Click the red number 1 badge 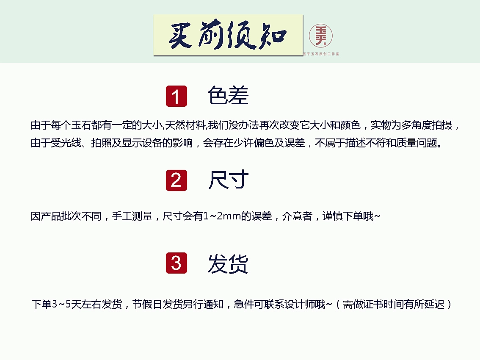177,96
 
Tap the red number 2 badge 177,180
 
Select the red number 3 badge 177,263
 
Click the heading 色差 228,95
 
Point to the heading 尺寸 228,180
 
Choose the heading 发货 228,263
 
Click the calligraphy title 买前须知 228,35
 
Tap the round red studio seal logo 320,36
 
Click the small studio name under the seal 321,54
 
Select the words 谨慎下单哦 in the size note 348,216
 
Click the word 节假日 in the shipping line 147,304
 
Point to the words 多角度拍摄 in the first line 427,125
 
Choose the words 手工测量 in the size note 132,216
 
